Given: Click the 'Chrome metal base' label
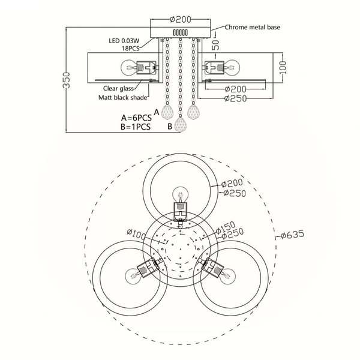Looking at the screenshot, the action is [x=253, y=28].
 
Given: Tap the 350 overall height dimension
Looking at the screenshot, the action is [x=66, y=80].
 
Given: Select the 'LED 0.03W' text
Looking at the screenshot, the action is [x=124, y=41].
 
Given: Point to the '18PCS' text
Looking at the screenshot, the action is [x=131, y=49].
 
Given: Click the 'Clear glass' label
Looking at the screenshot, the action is [x=118, y=88].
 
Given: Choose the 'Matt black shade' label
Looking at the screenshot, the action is [x=123, y=98].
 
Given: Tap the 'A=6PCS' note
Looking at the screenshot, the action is [x=136, y=118].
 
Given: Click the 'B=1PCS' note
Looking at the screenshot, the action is [x=136, y=127].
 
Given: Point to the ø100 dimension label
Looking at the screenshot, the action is [x=136, y=235].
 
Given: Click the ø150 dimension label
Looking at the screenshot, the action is [x=226, y=227].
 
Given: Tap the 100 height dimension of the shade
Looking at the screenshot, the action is [x=284, y=67].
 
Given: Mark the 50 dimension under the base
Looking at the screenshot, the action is [x=216, y=45].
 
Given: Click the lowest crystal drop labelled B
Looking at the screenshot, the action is [x=180, y=125].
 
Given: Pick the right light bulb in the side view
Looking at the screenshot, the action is [x=232, y=67].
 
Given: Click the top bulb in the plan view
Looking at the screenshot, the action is [x=181, y=194].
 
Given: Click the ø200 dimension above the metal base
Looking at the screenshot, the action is [x=181, y=20].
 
